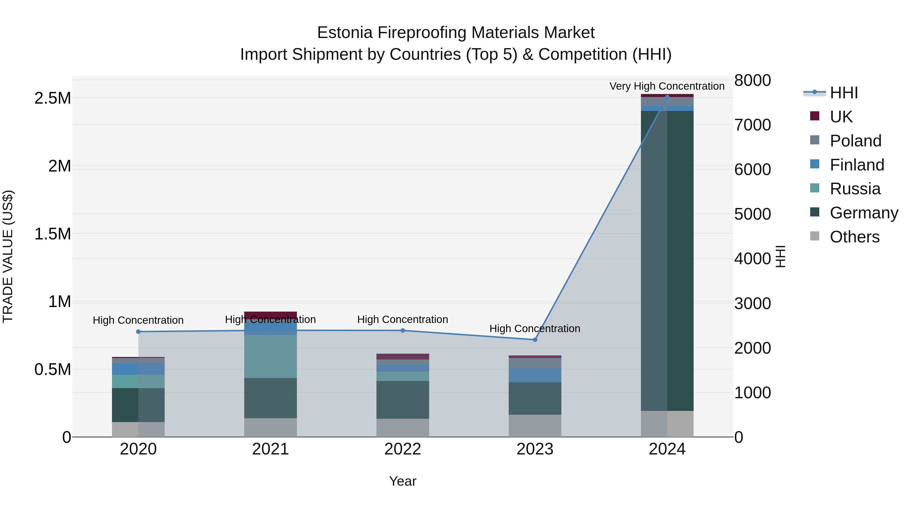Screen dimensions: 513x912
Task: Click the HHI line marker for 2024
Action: point(667,97)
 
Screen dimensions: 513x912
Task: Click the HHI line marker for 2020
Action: point(138,332)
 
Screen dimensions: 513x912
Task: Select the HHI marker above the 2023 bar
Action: point(535,340)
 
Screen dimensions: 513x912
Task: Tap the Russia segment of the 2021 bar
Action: point(271,356)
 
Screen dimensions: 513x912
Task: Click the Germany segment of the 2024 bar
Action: point(667,261)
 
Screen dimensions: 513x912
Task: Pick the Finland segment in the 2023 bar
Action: point(535,375)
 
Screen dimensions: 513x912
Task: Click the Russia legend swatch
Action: point(815,188)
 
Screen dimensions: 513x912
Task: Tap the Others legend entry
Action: point(854,237)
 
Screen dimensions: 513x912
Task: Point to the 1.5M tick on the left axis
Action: point(52,234)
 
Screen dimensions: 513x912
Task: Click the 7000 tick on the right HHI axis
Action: point(752,125)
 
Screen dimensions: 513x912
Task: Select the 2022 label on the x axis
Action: point(403,449)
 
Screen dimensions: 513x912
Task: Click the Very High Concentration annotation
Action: point(667,86)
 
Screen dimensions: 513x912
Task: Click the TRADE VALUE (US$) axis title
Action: point(8,256)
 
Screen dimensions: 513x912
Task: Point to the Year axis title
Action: point(403,481)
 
